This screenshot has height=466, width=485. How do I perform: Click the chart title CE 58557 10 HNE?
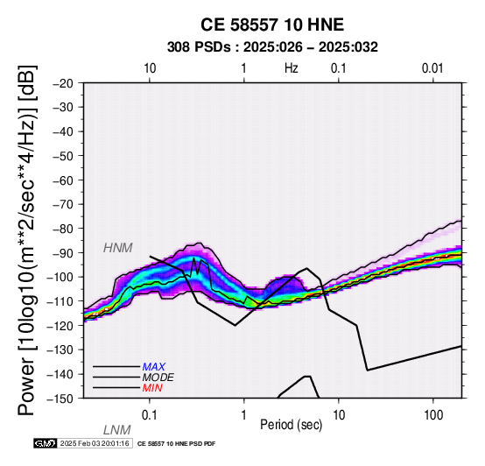[x=272, y=25]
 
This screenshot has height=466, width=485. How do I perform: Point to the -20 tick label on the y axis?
[x=63, y=83]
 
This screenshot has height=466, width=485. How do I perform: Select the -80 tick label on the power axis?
[x=63, y=229]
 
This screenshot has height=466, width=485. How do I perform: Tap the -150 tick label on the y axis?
[x=60, y=399]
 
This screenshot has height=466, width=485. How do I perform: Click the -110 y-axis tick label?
[x=60, y=301]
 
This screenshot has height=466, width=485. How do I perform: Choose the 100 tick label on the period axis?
[x=433, y=415]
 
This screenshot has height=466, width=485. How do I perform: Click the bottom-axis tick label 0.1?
[x=150, y=415]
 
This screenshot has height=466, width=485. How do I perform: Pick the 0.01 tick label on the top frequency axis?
[x=432, y=68]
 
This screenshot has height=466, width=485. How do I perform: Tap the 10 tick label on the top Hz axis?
[x=150, y=68]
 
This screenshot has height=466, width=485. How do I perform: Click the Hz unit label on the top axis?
[x=292, y=68]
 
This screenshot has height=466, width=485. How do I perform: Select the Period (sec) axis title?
[x=291, y=425]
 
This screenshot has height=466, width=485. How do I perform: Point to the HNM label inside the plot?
[x=118, y=248]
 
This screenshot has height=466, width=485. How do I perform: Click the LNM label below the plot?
[x=117, y=430]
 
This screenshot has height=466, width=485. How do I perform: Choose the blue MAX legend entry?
[x=154, y=367]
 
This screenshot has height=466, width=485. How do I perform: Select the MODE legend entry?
[x=158, y=378]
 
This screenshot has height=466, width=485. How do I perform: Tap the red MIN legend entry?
[x=152, y=388]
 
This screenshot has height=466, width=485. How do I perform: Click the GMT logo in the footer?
[x=46, y=443]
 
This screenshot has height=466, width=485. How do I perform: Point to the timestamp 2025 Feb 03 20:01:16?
[x=95, y=443]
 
